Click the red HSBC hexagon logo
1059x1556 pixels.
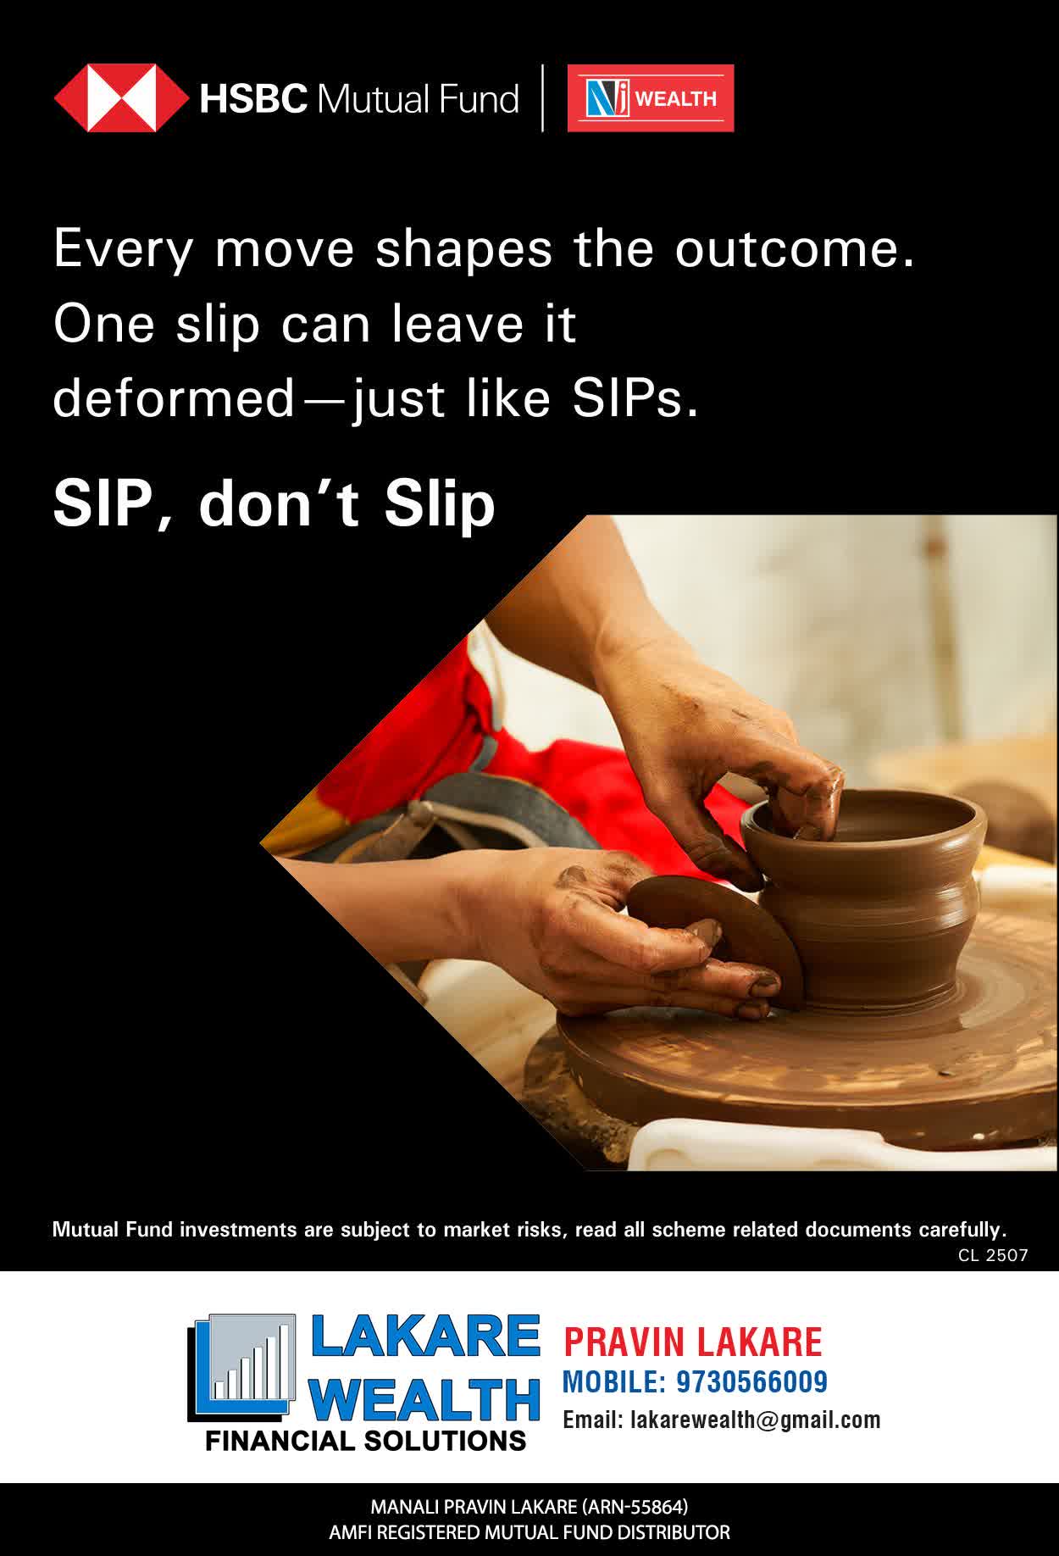pyautogui.click(x=121, y=98)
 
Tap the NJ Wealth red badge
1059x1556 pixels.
pyautogui.click(x=651, y=98)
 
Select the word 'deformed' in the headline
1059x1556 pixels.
pyautogui.click(x=173, y=398)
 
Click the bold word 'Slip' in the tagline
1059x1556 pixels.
pyautogui.click(x=439, y=505)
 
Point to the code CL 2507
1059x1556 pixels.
pyautogui.click(x=993, y=1255)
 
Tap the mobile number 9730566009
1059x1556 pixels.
pyautogui.click(x=751, y=1382)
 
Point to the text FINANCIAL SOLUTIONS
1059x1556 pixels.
pyautogui.click(x=365, y=1441)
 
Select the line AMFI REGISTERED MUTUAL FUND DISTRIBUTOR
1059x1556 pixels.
pyautogui.click(x=529, y=1533)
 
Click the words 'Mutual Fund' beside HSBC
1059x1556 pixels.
pyautogui.click(x=417, y=99)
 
